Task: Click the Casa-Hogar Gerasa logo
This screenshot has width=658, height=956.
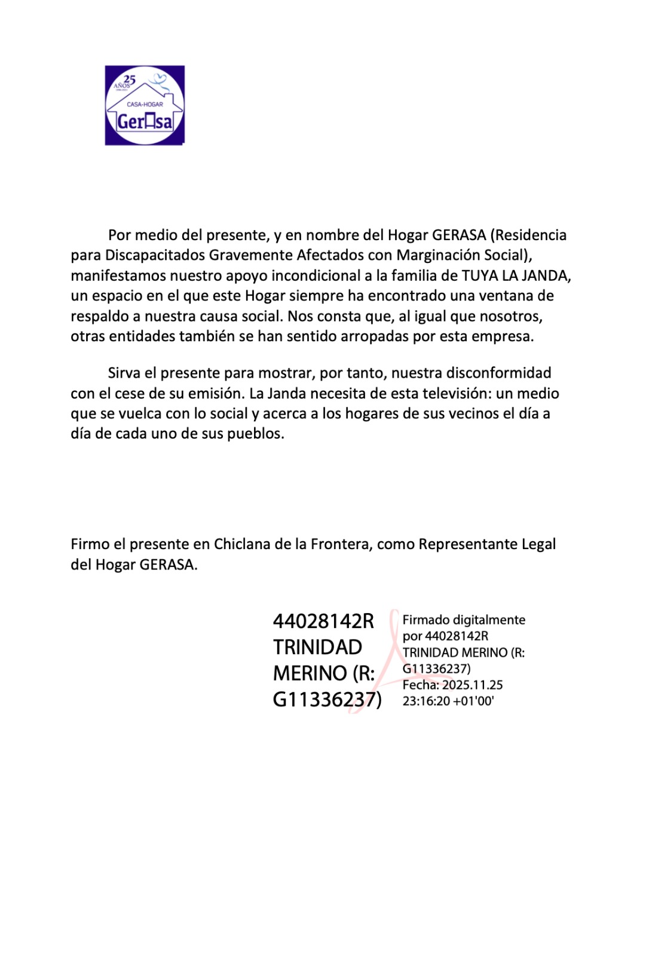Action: pos(145,105)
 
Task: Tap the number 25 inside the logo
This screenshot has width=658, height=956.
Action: pos(129,79)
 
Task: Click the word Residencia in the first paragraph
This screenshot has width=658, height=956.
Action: pos(531,235)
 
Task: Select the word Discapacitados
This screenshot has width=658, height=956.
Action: pos(155,255)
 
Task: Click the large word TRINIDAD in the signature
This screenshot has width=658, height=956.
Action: pos(317,647)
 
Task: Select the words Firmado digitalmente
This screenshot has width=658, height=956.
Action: pos(464,620)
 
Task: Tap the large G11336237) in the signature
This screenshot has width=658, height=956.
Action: pos(327,699)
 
